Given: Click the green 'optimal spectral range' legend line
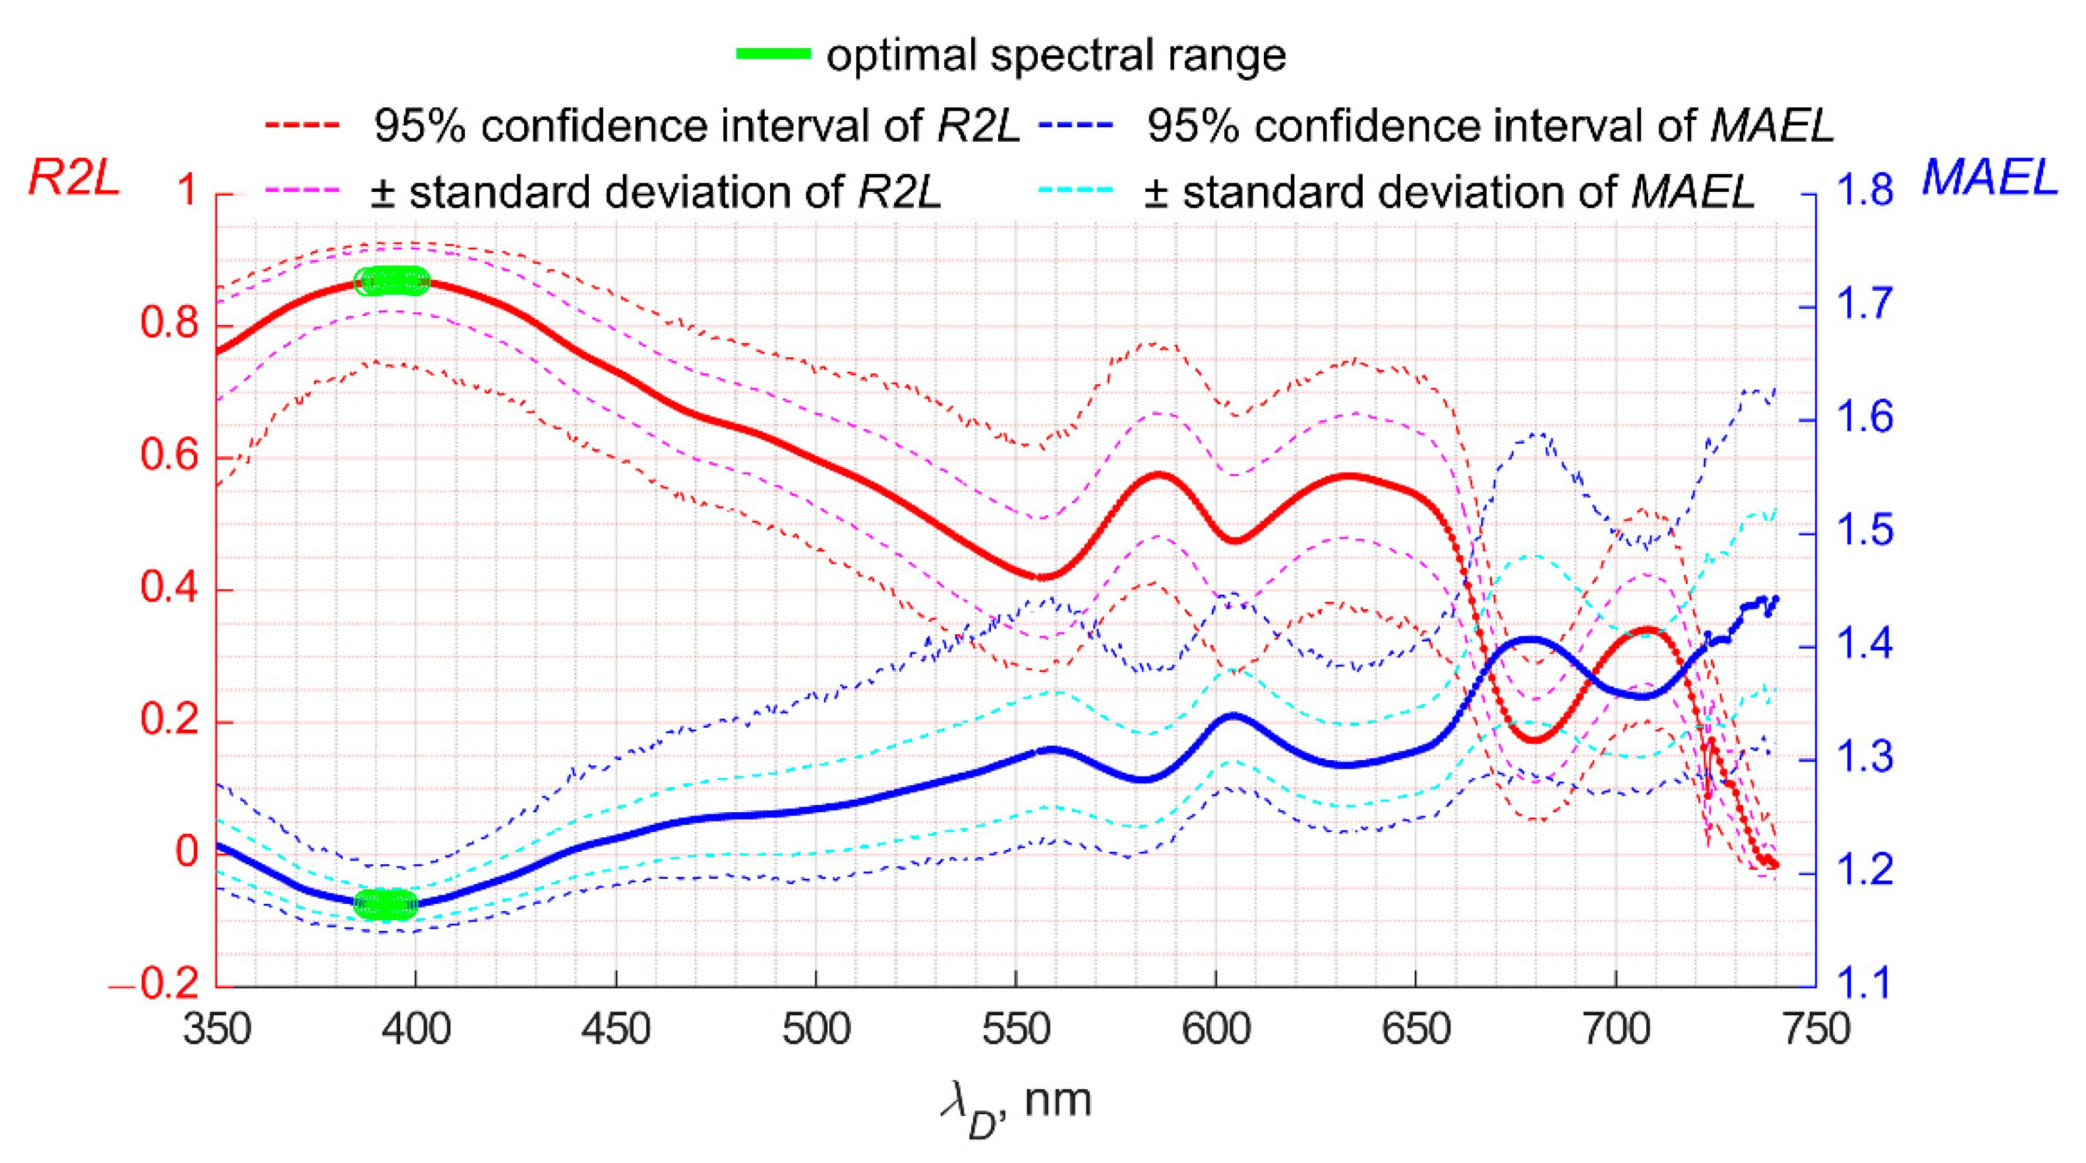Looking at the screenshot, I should [773, 54].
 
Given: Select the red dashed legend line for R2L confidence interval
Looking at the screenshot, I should [301, 125].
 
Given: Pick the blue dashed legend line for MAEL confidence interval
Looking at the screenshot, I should [1076, 125].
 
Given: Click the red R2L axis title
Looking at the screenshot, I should [74, 177].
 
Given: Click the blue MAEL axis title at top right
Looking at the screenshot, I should [1990, 176].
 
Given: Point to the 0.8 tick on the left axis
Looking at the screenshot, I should [169, 322].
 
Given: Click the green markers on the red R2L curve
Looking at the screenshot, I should [392, 281].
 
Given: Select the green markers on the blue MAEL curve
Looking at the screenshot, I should [386, 904].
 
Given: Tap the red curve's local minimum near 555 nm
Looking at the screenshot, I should [1042, 577].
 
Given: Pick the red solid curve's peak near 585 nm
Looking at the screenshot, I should [1160, 474].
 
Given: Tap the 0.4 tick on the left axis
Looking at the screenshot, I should [169, 587].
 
